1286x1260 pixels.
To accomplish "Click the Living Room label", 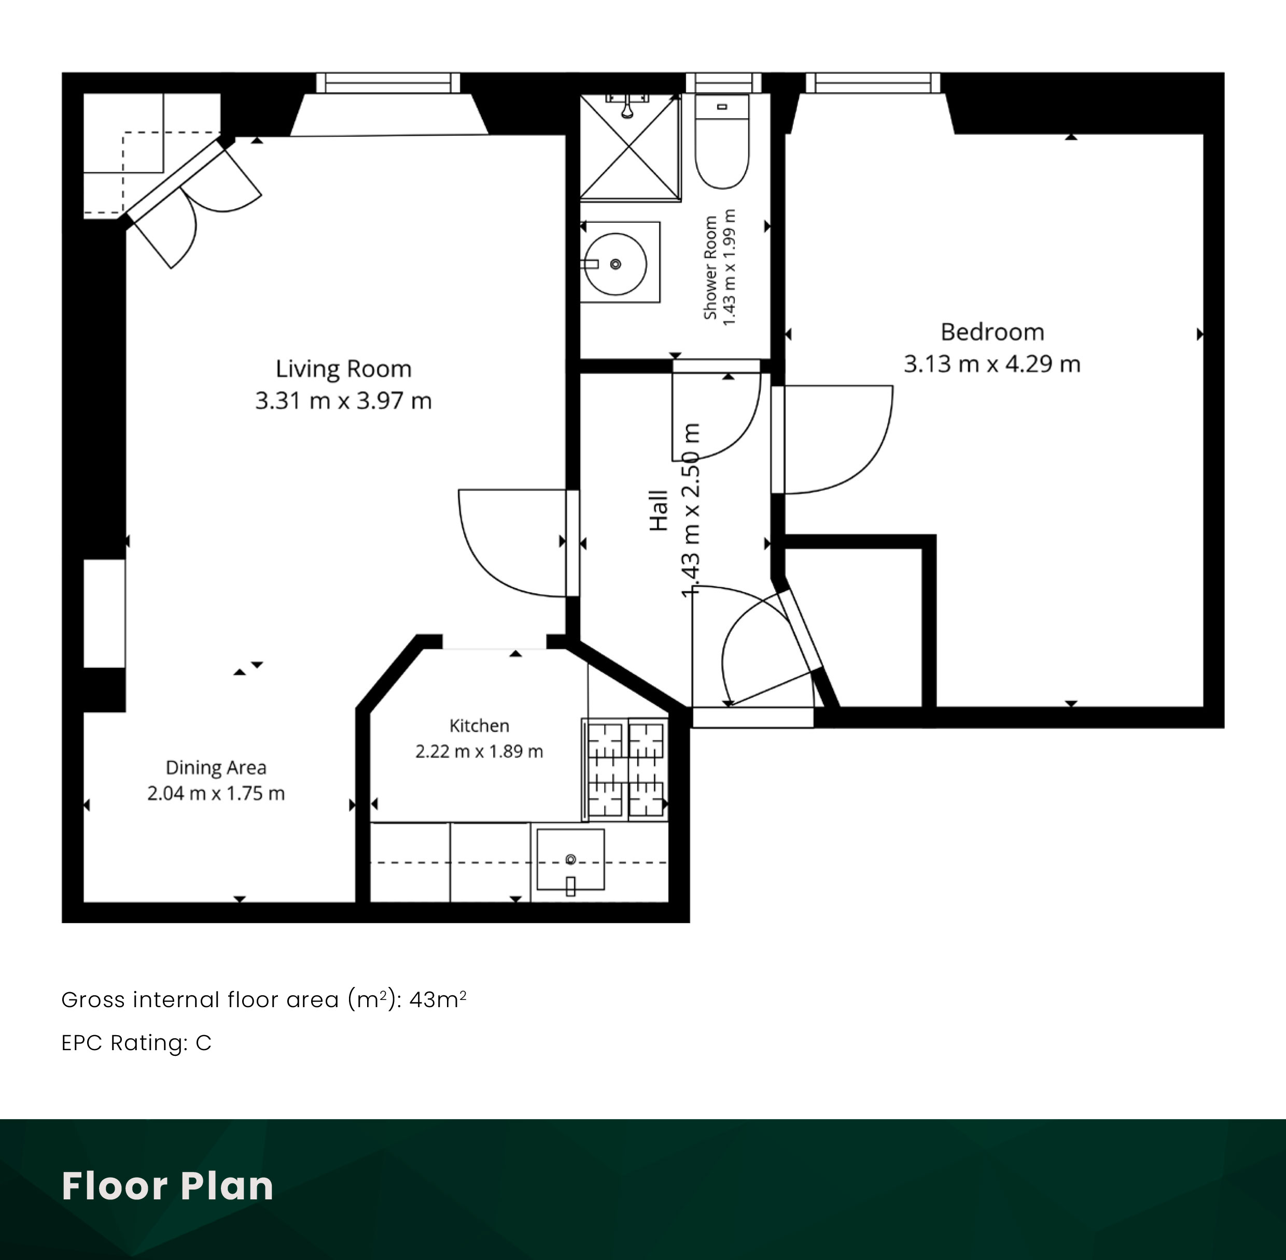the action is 343,368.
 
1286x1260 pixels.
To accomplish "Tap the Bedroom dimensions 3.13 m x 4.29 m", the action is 992,364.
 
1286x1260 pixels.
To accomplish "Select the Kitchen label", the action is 480,726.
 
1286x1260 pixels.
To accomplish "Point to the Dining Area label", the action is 216,768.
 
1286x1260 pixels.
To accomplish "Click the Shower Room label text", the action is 710,267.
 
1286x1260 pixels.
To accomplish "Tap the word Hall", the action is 659,510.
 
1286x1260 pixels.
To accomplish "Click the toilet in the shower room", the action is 722,141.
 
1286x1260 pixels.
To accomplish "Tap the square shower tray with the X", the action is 631,147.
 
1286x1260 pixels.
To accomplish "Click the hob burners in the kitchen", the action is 626,770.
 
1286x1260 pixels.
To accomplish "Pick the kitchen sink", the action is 570,860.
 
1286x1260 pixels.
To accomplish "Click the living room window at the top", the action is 388,83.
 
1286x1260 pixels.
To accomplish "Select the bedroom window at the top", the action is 873,83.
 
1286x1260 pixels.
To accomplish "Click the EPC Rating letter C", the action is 203,1043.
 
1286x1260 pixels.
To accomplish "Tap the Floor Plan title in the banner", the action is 167,1186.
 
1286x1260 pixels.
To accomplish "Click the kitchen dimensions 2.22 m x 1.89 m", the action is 480,752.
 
